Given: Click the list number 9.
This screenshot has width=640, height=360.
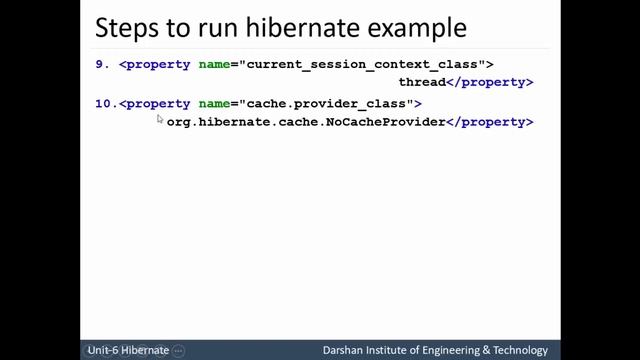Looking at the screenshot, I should click(101, 64).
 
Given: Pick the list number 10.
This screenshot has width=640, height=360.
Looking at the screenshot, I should click(105, 103).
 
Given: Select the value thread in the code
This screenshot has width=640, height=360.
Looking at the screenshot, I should click(421, 82).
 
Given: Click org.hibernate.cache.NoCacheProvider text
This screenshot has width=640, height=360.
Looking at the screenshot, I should click(305, 122).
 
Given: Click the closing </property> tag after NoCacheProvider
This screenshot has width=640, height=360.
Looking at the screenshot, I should click(489, 122).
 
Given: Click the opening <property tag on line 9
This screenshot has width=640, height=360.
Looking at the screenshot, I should click(155, 64).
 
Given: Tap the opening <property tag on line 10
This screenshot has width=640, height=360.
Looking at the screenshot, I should click(155, 103).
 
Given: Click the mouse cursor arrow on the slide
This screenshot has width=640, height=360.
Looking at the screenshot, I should click(160, 119).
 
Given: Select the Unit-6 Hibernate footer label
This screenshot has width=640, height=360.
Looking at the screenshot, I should click(128, 351).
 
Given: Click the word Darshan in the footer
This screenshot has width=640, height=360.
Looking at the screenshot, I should click(344, 351).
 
